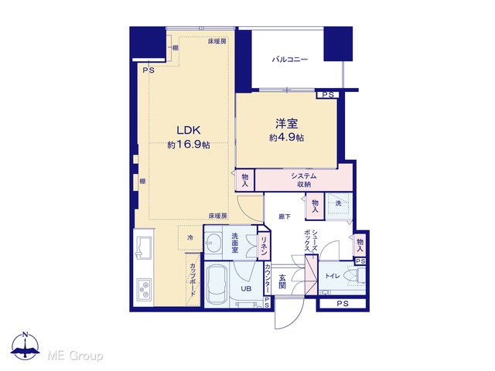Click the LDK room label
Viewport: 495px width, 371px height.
188,130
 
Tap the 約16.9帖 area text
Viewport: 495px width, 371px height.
189,145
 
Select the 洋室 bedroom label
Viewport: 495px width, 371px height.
287,124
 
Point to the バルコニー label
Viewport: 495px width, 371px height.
290,60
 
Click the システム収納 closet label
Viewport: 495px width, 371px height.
304,180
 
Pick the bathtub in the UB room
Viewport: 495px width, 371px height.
217,285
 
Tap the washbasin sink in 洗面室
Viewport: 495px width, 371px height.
213,242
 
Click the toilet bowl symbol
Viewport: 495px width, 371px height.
352,276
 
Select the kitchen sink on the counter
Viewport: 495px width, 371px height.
144,247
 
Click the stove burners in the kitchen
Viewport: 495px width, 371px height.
145,289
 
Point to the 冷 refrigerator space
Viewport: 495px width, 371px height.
190,237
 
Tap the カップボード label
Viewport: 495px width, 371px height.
193,280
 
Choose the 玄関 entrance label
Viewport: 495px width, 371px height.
282,281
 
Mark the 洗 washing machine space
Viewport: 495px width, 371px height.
339,206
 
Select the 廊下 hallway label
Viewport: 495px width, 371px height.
285,216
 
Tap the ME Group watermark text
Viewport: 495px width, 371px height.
75,356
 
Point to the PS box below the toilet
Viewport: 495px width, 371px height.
343,304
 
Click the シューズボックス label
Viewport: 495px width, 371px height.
311,240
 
